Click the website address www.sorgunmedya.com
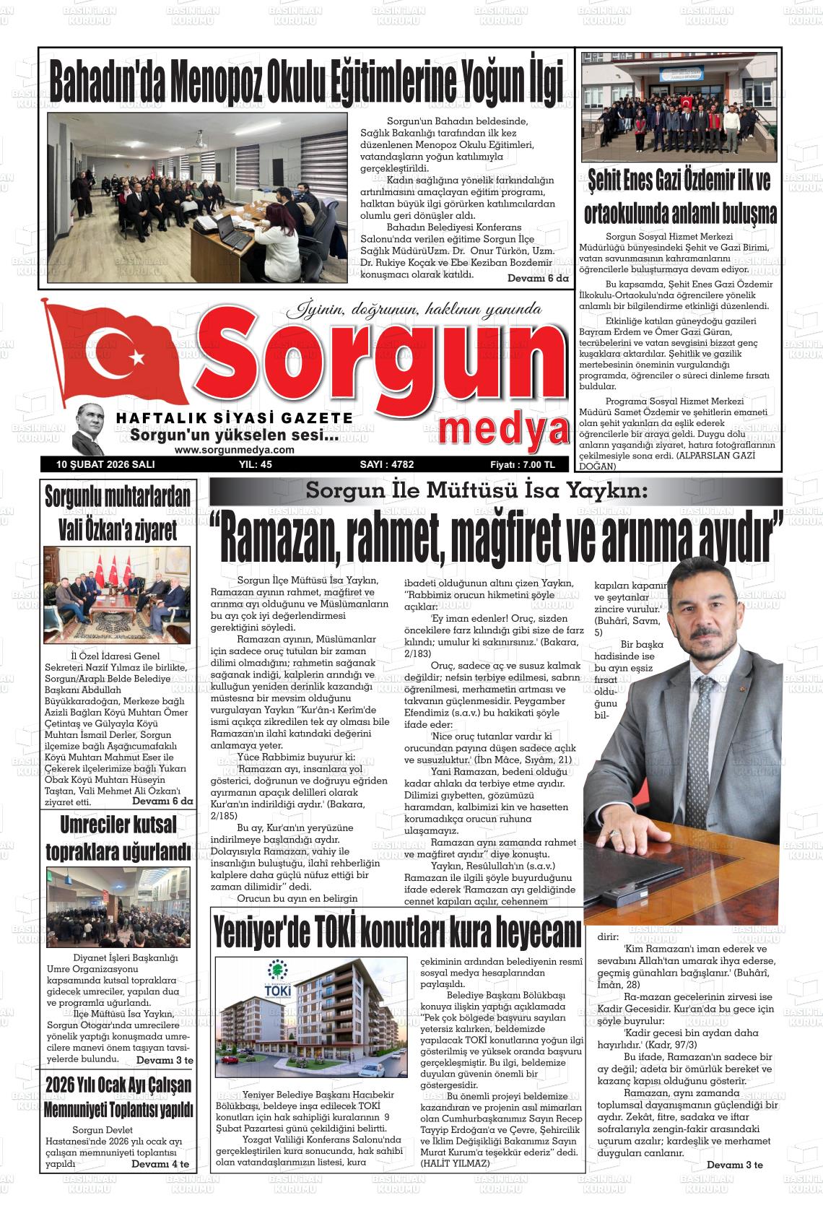235,449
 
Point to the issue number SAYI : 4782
386,465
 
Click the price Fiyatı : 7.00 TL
520,465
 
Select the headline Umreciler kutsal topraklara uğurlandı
118,838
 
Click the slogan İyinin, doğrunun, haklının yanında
415,310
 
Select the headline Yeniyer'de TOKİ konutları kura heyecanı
396,932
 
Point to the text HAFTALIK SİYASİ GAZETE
235,419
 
